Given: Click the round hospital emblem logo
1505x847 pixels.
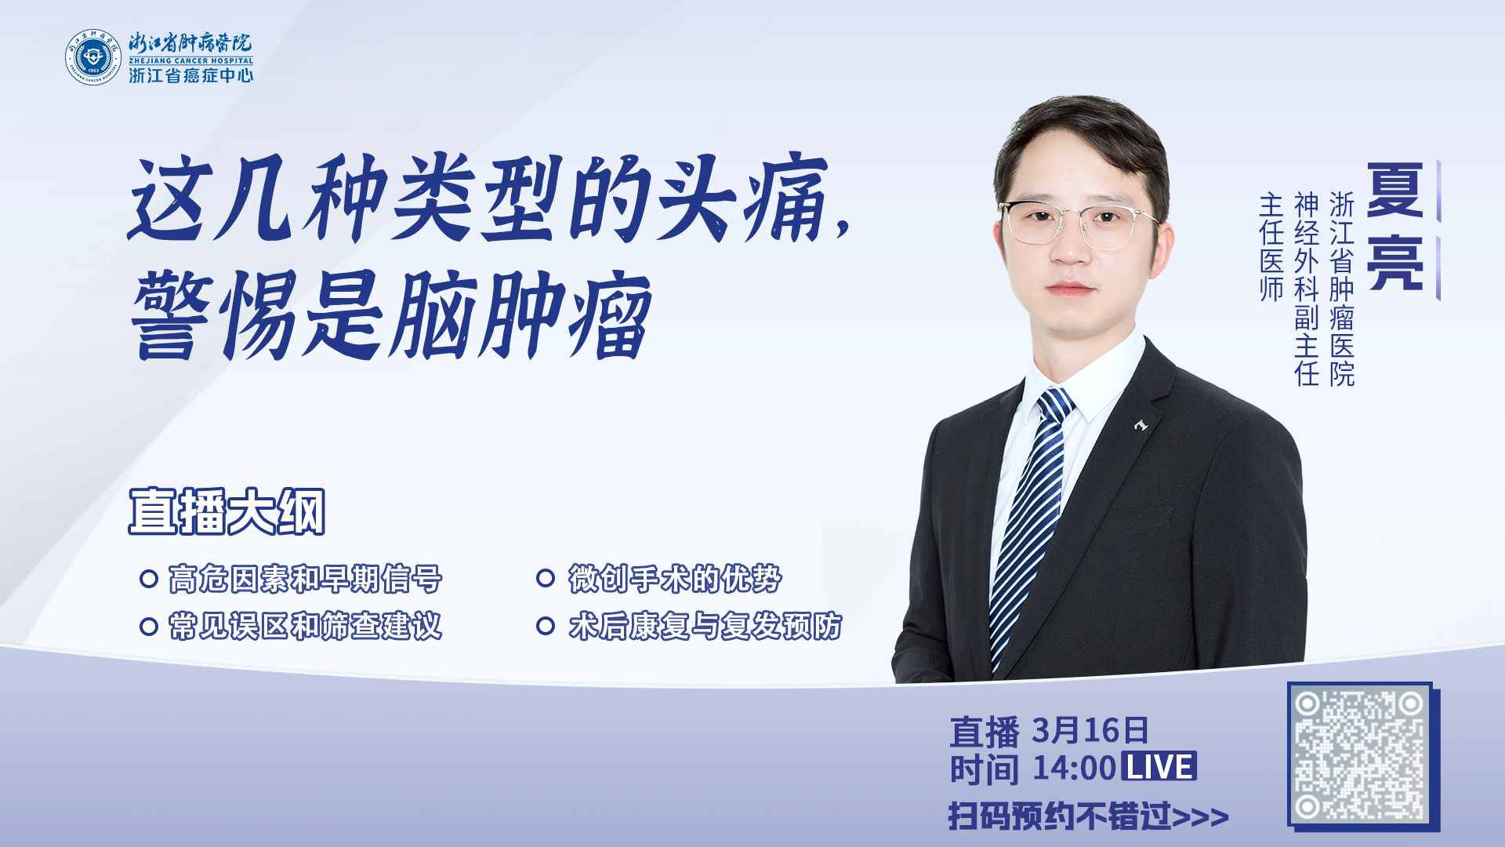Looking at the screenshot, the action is (x=93, y=57).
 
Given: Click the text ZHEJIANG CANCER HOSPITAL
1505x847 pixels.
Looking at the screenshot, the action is (x=191, y=60).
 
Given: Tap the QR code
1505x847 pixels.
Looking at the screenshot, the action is (x=1360, y=755).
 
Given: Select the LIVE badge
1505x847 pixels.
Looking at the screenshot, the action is (x=1159, y=766).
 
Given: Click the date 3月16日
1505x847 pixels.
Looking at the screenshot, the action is (x=1090, y=730).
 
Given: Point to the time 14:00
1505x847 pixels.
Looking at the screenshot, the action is (x=1074, y=768).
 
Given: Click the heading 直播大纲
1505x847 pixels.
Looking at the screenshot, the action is (x=227, y=511).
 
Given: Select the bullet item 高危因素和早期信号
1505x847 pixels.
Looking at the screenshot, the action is (x=306, y=579).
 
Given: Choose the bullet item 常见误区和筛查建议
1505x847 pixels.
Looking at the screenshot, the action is (x=306, y=626).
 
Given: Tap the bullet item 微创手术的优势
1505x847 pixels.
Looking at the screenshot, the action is (x=675, y=579).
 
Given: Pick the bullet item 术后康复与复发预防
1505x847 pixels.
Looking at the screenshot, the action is (x=705, y=626).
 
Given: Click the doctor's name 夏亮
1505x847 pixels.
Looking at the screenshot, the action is (x=1395, y=226).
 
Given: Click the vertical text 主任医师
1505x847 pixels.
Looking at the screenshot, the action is (x=1271, y=247).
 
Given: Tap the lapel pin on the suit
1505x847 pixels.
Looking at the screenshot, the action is (x=1141, y=425).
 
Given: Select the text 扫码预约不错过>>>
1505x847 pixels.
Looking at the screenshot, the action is (x=1088, y=816).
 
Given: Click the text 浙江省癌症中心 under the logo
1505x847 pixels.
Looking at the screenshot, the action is (x=191, y=75).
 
